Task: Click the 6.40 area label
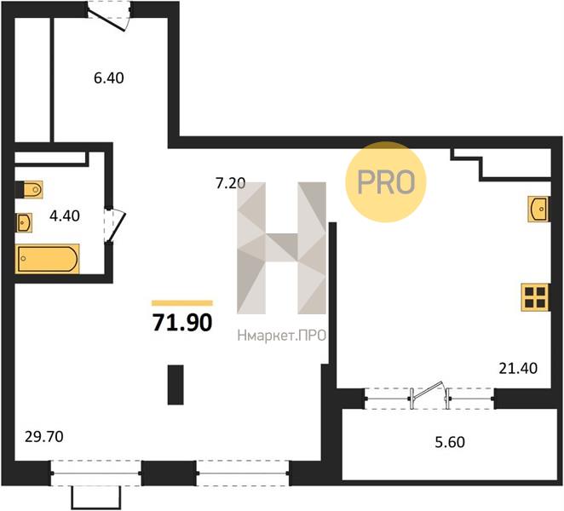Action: pyautogui.click(x=109, y=78)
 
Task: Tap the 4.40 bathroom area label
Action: pyautogui.click(x=65, y=215)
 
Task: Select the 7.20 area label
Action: pyautogui.click(x=230, y=183)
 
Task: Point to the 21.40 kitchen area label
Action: pyautogui.click(x=518, y=368)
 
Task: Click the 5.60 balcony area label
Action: pyautogui.click(x=450, y=442)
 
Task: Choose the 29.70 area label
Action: pyautogui.click(x=44, y=437)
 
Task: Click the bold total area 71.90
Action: pyautogui.click(x=182, y=323)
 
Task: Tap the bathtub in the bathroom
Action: pyautogui.click(x=47, y=259)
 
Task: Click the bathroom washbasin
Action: pyautogui.click(x=24, y=222)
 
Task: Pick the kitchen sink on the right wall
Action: pyautogui.click(x=538, y=209)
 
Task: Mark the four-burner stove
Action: pyautogui.click(x=535, y=297)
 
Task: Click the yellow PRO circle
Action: pyautogui.click(x=386, y=181)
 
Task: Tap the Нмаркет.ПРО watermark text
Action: pyautogui.click(x=282, y=336)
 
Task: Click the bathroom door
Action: pyautogui.click(x=114, y=226)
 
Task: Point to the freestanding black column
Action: pyautogui.click(x=176, y=384)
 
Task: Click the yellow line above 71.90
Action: pyautogui.click(x=182, y=303)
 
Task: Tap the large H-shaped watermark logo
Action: pyautogui.click(x=282, y=248)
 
